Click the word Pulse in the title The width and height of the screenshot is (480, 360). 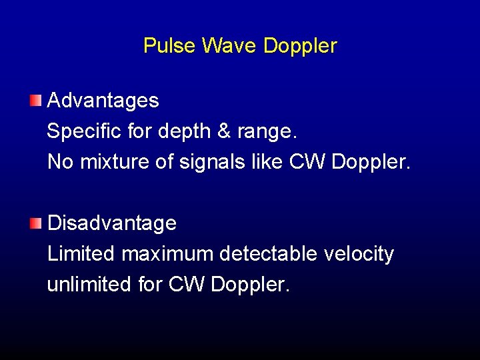point(169,46)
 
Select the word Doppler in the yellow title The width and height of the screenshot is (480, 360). point(300,46)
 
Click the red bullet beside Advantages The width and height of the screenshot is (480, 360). point(35,101)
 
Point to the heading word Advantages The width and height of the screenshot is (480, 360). point(103,101)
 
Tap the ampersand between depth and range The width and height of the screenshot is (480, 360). point(224,131)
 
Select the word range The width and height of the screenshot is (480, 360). point(267,131)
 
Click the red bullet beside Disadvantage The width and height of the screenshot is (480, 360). point(35,223)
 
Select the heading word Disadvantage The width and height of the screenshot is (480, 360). point(112,223)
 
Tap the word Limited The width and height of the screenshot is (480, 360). point(81,254)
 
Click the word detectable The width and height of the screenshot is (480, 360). point(270,254)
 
